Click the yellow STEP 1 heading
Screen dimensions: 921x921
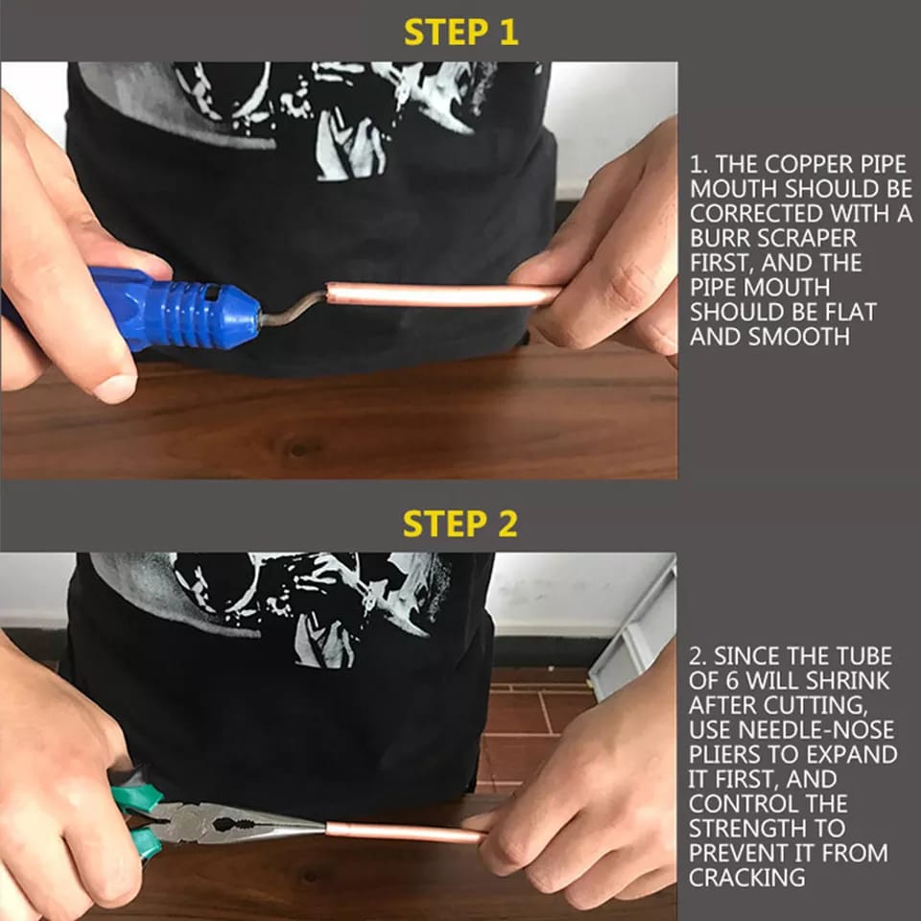[461, 33]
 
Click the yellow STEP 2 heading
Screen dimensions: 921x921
[460, 524]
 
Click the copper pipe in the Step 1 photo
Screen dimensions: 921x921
[441, 295]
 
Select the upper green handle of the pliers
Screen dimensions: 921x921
[137, 797]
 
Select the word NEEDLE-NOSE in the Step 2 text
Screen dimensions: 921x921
[815, 729]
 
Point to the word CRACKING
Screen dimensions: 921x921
[747, 878]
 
